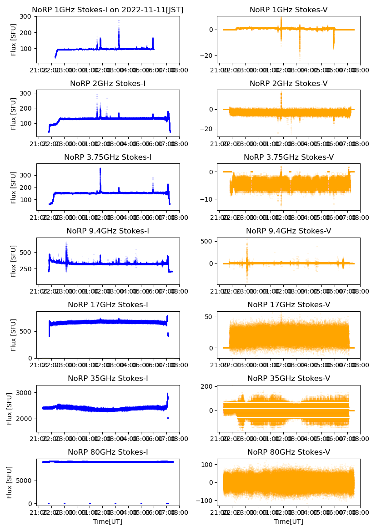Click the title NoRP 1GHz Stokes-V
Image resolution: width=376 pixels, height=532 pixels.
pyautogui.click(x=289, y=10)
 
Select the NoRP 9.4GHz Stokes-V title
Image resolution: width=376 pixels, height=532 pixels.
pyautogui.click(x=289, y=231)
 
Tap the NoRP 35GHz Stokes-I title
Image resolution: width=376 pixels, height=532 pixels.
pyautogui.click(x=108, y=378)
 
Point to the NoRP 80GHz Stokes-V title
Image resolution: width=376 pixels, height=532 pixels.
pyautogui.click(x=289, y=452)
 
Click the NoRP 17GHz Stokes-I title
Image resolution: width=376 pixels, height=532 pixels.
pyautogui.click(x=108, y=304)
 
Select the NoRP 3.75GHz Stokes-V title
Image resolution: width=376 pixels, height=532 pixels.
pyautogui.click(x=289, y=157)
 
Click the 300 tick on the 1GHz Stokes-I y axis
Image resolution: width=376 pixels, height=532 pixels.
pyautogui.click(x=25, y=16)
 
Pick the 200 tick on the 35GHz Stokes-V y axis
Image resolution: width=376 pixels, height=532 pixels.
pyautogui.click(x=207, y=387)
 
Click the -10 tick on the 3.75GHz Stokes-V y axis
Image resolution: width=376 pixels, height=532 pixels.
pyautogui.click(x=207, y=199)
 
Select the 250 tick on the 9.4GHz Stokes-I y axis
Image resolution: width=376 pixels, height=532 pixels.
pyautogui.click(x=25, y=269)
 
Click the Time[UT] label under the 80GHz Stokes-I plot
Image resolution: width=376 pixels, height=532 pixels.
pyautogui.click(x=108, y=522)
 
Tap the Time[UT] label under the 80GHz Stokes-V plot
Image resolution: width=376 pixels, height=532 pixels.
pyautogui.click(x=289, y=522)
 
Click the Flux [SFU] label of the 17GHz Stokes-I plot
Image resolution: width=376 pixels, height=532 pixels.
pyautogui.click(x=13, y=334)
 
